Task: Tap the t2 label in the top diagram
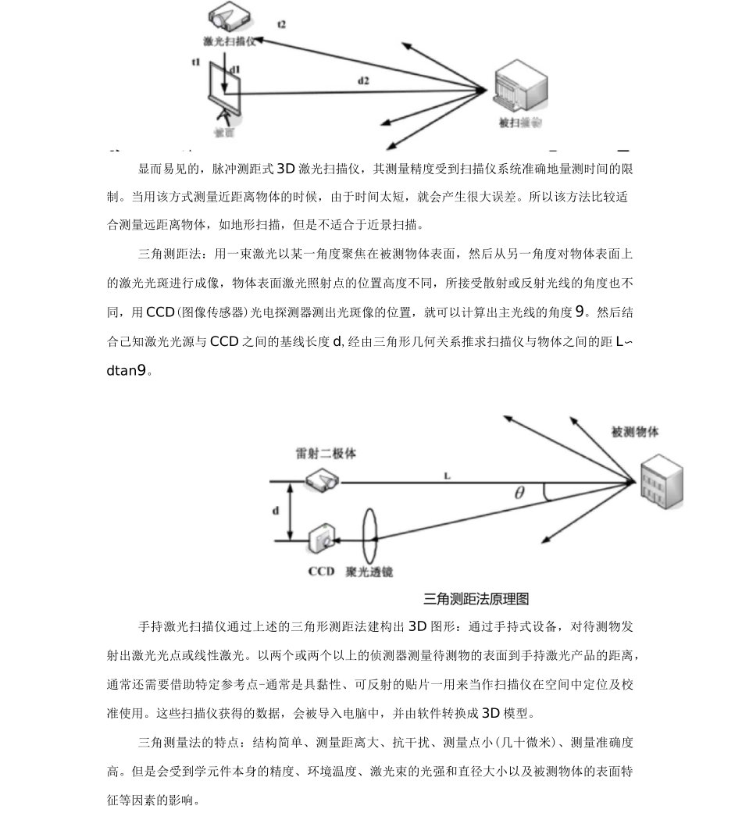[x=281, y=25]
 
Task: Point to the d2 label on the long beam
[x=364, y=80]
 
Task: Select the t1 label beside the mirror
[x=196, y=61]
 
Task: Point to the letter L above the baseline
[x=447, y=473]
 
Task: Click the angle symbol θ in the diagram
[x=520, y=493]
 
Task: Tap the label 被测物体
[x=635, y=432]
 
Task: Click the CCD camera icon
[x=322, y=538]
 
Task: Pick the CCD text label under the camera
[x=321, y=572]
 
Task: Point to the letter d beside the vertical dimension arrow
[x=276, y=511]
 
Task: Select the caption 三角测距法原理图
[x=476, y=599]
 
